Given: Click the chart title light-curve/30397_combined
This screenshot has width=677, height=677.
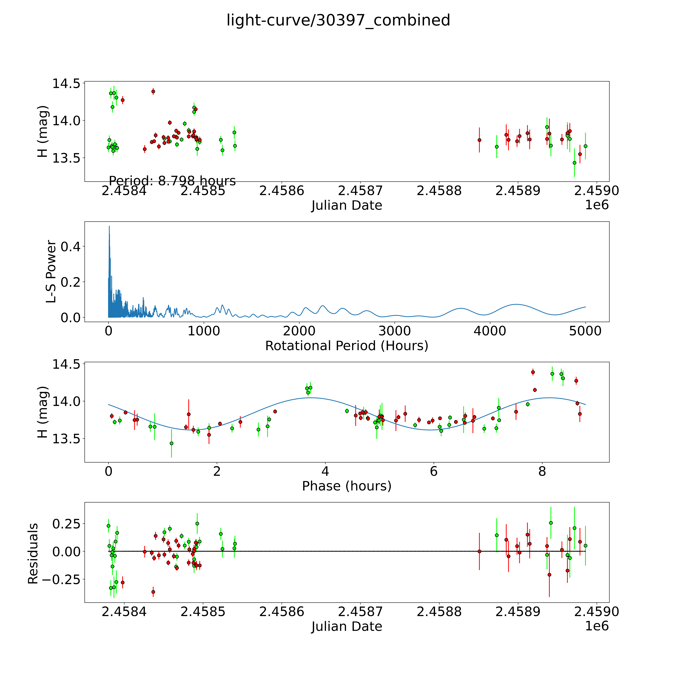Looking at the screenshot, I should click(338, 20).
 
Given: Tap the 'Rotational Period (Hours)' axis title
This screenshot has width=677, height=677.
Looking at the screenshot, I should click(347, 346).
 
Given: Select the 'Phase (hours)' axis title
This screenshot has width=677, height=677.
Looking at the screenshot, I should click(347, 486).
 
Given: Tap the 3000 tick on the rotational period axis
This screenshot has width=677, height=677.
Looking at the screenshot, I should click(395, 331).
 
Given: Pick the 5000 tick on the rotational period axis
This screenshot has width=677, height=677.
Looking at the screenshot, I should click(585, 331).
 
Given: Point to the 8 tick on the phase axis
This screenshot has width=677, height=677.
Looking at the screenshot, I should click(542, 471).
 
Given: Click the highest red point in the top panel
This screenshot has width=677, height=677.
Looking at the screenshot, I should click(153, 92).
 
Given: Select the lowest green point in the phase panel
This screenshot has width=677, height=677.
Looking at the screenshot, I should click(171, 443).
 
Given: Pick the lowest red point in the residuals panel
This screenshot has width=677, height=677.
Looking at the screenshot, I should click(153, 592).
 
